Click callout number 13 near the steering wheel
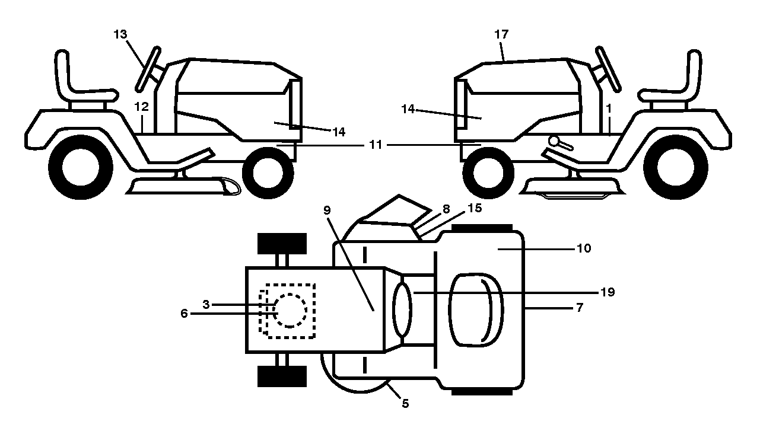pyautogui.click(x=120, y=34)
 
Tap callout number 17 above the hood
pyautogui.click(x=501, y=34)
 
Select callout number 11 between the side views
pyautogui.click(x=375, y=145)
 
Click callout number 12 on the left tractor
pyautogui.click(x=141, y=107)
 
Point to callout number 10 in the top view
pyautogui.click(x=584, y=248)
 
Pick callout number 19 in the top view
pyautogui.click(x=608, y=292)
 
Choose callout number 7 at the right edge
pyautogui.click(x=580, y=308)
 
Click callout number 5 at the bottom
pyautogui.click(x=405, y=404)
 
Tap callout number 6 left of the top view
pyautogui.click(x=184, y=314)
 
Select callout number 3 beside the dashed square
pyautogui.click(x=206, y=305)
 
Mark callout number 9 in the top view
pyautogui.click(x=327, y=210)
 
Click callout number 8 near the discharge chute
pyautogui.click(x=446, y=209)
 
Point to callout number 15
pyautogui.click(x=475, y=208)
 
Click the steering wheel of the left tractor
pyautogui.click(x=148, y=69)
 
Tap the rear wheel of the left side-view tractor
pyautogui.click(x=81, y=167)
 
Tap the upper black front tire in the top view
pyautogui.click(x=282, y=244)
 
